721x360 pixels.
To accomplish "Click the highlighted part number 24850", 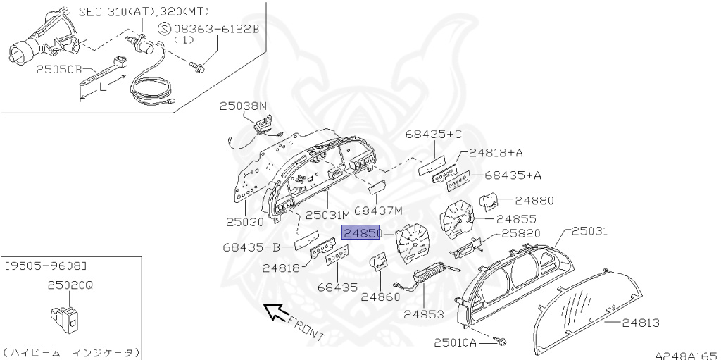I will (361, 233).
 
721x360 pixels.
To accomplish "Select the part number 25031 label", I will (589, 231).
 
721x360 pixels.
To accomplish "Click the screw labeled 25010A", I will (501, 342).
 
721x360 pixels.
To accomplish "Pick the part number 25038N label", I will (243, 106).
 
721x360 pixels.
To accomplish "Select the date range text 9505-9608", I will (46, 266).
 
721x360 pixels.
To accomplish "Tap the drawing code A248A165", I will (685, 354).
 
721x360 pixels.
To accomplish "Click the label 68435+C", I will (434, 134).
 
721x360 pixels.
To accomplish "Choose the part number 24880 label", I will (534, 201).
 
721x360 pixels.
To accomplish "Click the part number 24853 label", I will (423, 314).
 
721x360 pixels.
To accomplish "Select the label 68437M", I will (378, 211).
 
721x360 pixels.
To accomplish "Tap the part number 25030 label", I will (245, 221).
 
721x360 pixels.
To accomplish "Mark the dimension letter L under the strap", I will (103, 88).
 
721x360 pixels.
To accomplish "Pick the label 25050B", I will (61, 70).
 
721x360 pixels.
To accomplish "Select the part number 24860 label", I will (380, 297).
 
